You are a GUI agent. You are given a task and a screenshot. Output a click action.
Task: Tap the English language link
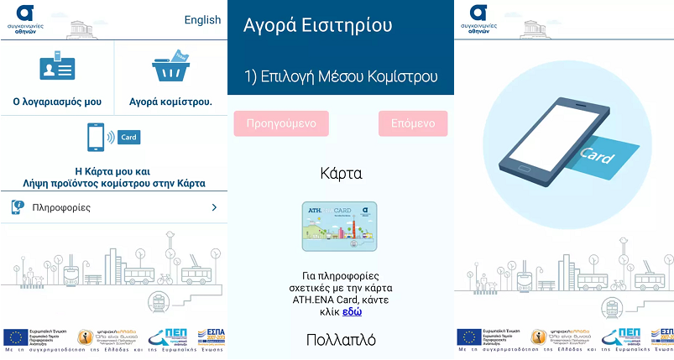tap(202, 20)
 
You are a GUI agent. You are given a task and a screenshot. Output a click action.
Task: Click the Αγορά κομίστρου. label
tap(170, 102)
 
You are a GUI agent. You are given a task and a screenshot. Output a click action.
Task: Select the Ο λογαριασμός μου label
tap(57, 102)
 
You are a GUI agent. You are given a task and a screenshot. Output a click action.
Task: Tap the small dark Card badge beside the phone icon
tap(129, 137)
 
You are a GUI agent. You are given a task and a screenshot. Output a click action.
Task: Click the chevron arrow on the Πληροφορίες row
tap(214, 207)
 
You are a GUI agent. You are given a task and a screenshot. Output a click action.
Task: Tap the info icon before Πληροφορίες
tap(17, 207)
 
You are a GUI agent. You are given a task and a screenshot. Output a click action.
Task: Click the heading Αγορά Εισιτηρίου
tap(317, 25)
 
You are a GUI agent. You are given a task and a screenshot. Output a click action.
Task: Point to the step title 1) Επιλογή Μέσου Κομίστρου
tap(341, 76)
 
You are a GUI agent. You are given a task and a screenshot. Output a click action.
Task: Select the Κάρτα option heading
tap(341, 174)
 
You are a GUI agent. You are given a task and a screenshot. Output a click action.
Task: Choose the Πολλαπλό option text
tap(341, 339)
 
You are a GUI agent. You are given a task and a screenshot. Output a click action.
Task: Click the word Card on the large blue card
tap(596, 157)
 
